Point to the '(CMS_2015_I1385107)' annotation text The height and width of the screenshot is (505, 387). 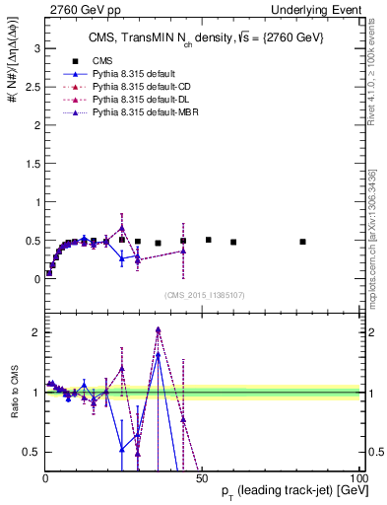click(x=203, y=294)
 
